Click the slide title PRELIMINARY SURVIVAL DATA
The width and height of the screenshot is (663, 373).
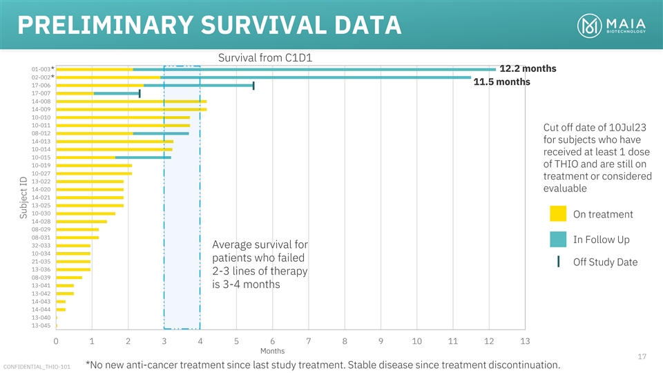tap(209, 26)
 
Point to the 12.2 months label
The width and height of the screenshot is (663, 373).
tap(528, 68)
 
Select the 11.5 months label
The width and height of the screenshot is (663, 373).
tap(501, 82)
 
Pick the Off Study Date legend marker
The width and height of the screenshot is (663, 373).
tap(558, 262)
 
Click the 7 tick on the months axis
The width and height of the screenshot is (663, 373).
tap(309, 341)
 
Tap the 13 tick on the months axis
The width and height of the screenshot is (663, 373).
tap(525, 341)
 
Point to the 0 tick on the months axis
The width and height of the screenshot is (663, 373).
tap(56, 341)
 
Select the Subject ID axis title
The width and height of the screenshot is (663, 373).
tap(23, 198)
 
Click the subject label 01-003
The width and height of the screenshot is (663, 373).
tap(40, 69)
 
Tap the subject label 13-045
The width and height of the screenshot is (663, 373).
tap(40, 325)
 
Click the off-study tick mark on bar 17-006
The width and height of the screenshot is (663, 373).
tap(253, 86)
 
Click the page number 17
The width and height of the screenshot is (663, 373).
tap(642, 356)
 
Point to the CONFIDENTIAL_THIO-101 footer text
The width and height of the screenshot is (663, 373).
tap(37, 366)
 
